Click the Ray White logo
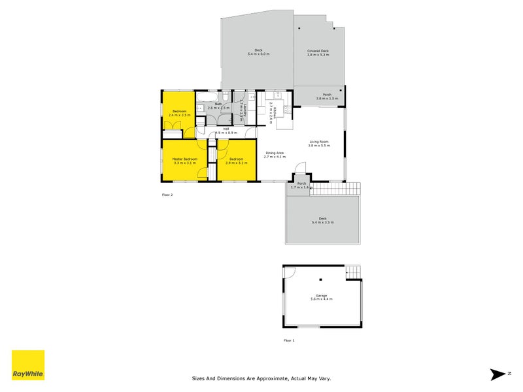[x=28, y=365]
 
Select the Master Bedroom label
[x=185, y=159]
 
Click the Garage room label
[x=321, y=296]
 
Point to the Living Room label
[x=320, y=142]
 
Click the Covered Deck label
[x=318, y=51]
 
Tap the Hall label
[x=226, y=129]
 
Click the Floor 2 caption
[x=168, y=195]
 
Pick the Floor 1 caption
[x=289, y=340]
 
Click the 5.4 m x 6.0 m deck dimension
[x=258, y=54]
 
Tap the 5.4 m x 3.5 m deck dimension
[x=322, y=223]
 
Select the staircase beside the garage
[x=352, y=271]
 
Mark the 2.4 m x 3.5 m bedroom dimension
[x=179, y=115]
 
